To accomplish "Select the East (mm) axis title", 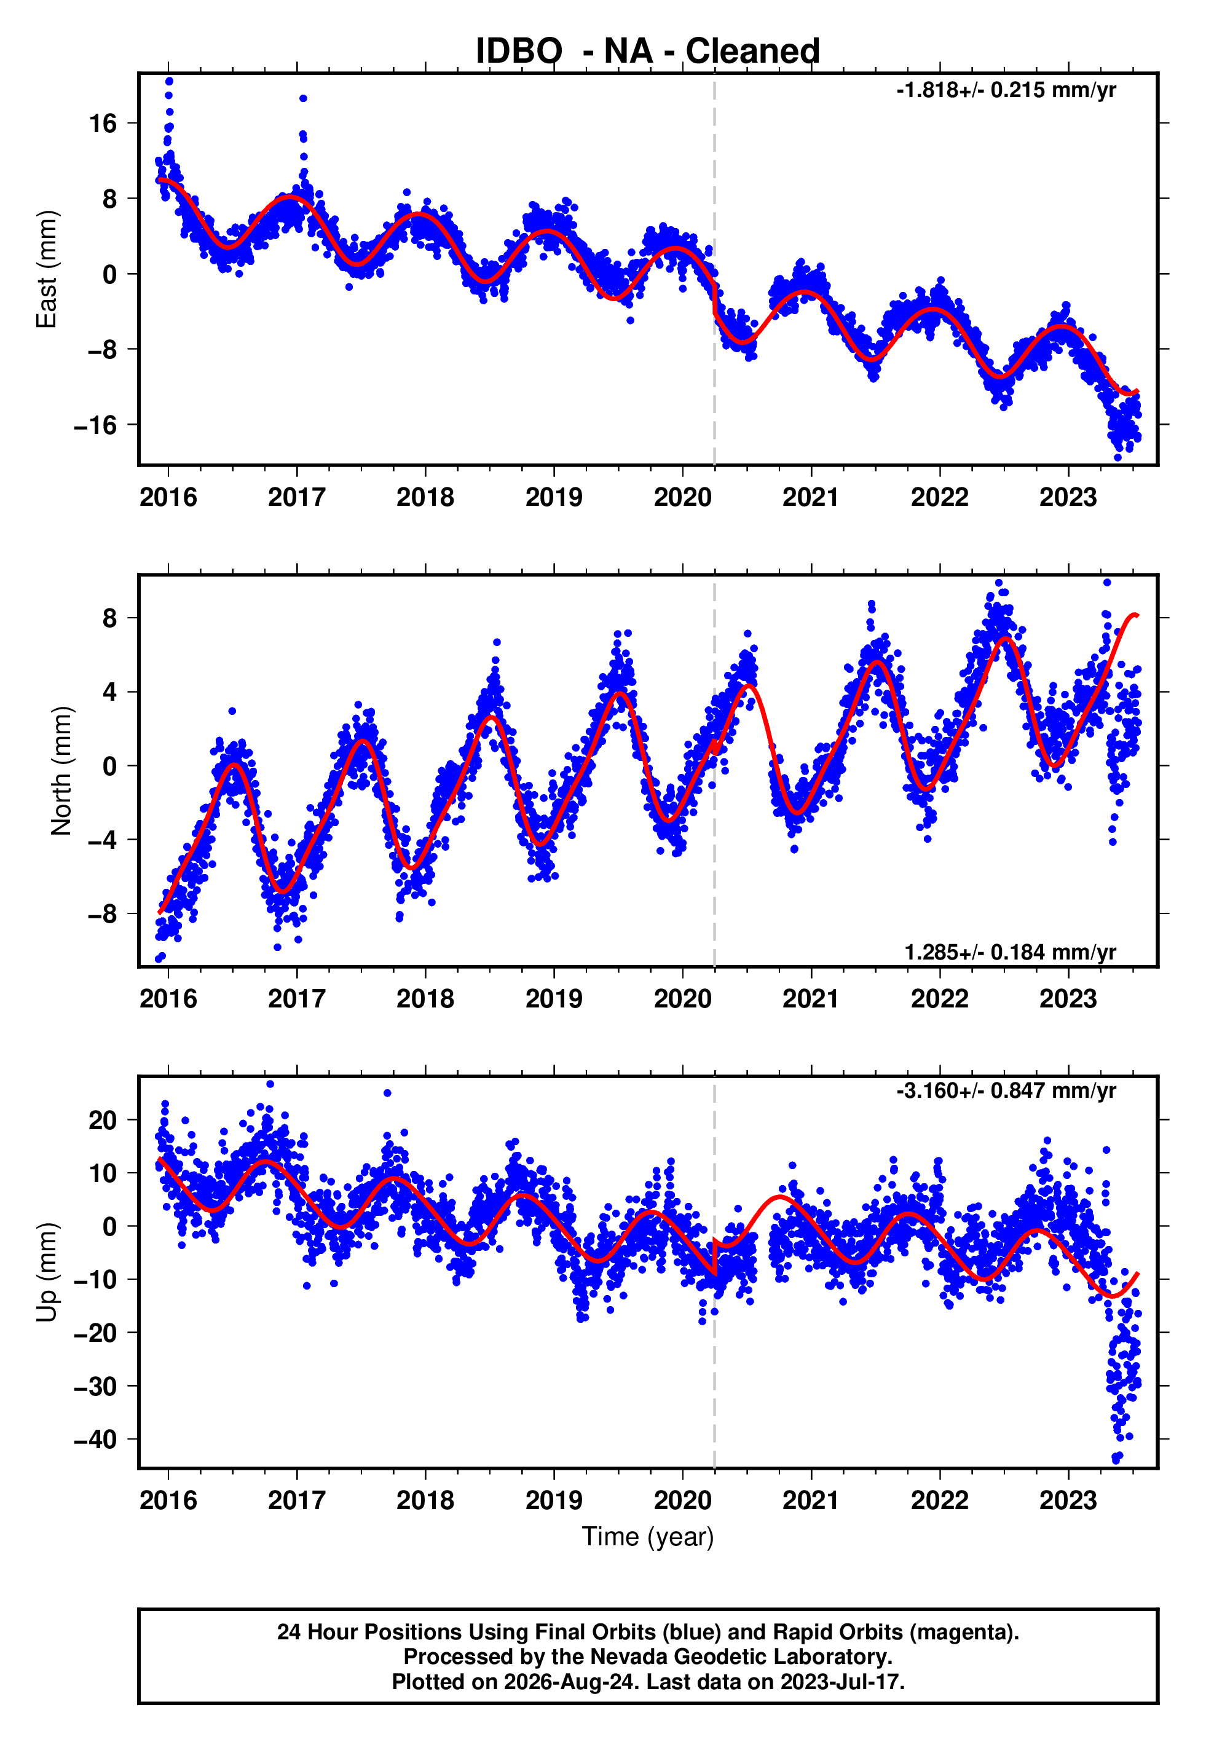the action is [x=47, y=270].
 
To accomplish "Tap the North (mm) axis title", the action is [x=61, y=771].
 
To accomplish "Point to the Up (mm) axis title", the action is [x=47, y=1272].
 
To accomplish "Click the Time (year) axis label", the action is [x=648, y=1537].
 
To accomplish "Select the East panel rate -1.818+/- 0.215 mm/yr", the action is [x=1006, y=90].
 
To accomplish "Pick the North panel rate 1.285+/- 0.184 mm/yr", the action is [x=1011, y=953].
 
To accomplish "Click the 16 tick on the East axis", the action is [x=103, y=123].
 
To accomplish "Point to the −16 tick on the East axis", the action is [x=95, y=425].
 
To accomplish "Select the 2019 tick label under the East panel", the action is [x=554, y=498].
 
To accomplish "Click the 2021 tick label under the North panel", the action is [x=811, y=999].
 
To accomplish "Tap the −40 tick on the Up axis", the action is [x=95, y=1440].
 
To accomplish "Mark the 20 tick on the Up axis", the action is [x=103, y=1119].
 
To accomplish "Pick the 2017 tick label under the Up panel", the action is [x=297, y=1500].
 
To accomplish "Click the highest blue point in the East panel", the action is [x=169, y=81].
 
